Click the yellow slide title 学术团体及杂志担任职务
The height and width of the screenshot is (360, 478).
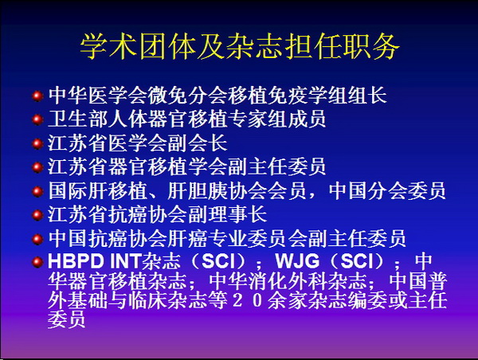240,46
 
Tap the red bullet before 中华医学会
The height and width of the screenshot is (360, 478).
37,96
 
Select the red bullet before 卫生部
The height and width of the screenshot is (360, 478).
37,119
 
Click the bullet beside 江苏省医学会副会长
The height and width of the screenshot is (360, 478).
37,143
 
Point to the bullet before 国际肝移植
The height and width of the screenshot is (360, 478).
37,191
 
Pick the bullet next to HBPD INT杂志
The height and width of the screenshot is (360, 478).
37,262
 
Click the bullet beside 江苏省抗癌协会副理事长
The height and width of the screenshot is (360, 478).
37,215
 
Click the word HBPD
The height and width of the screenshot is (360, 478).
76,261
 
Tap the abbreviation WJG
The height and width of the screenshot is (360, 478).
297,261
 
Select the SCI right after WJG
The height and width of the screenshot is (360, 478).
357,261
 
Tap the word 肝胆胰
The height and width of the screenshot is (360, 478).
198,191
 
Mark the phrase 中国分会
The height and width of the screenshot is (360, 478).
368,191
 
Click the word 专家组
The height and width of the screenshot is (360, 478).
257,119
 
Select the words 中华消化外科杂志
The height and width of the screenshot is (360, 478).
288,281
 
